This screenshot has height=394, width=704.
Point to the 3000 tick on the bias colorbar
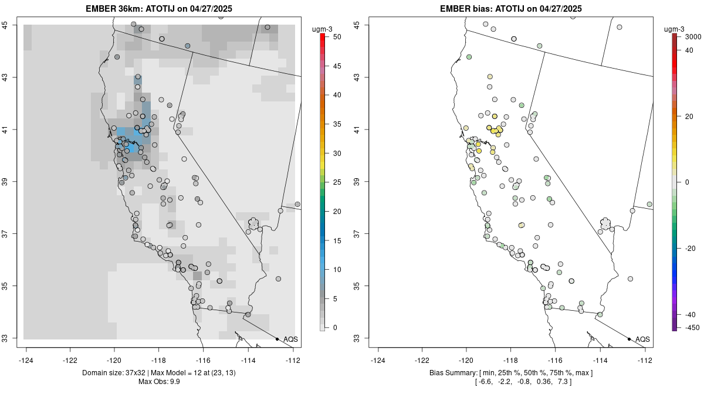click(x=689, y=37)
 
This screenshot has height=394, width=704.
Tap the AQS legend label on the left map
click(x=290, y=339)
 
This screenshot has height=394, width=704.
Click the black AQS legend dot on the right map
click(x=629, y=339)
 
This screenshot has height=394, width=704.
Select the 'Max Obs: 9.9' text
click(x=162, y=382)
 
